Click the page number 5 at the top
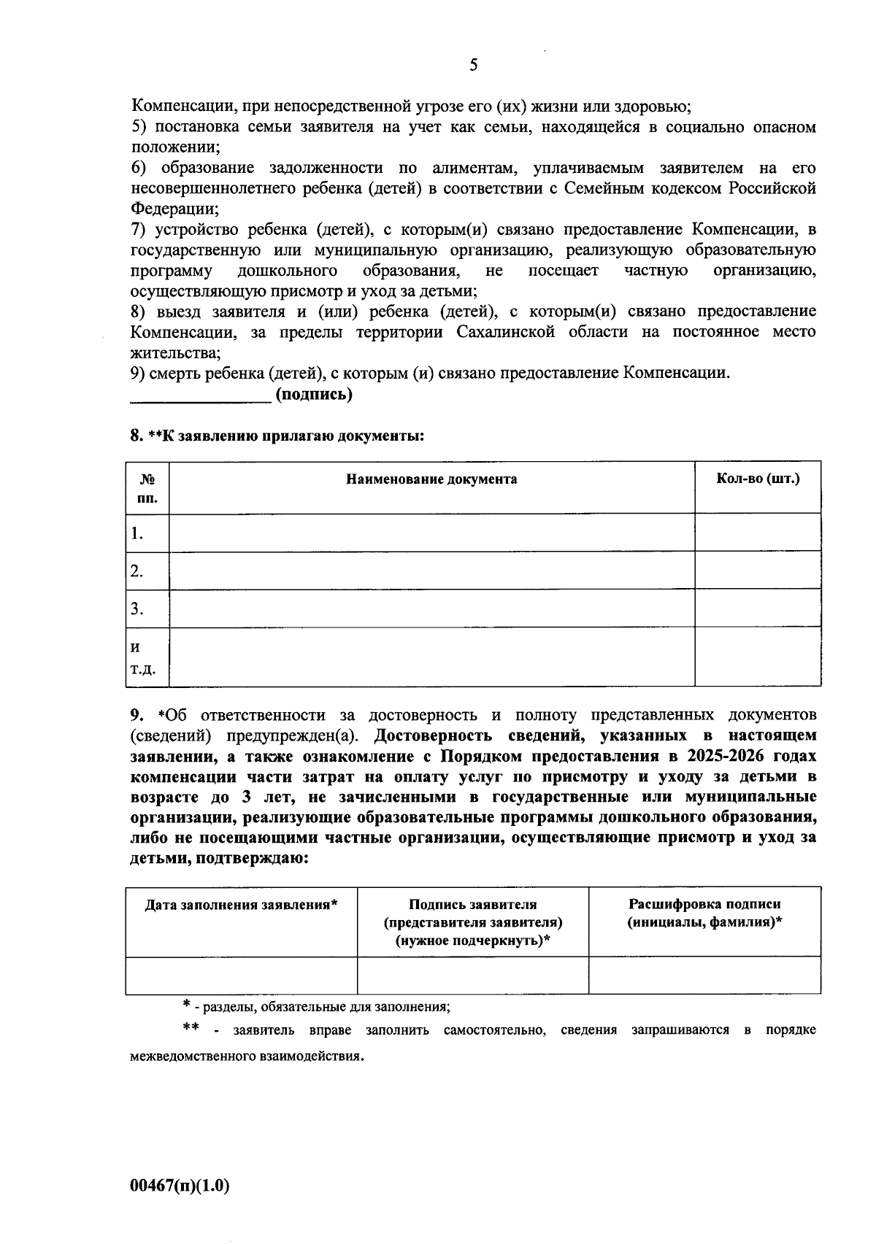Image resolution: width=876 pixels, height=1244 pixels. pyautogui.click(x=473, y=66)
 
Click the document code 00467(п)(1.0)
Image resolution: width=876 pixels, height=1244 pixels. pyautogui.click(x=180, y=1186)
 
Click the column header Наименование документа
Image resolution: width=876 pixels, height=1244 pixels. pyautogui.click(x=431, y=479)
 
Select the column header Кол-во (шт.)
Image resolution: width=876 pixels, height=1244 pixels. pyautogui.click(x=757, y=479)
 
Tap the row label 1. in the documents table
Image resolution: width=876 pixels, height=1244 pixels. pyautogui.click(x=137, y=533)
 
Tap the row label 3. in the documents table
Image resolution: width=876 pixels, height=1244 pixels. pyautogui.click(x=137, y=609)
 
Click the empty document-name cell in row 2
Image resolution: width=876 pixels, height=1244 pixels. pyautogui.click(x=431, y=571)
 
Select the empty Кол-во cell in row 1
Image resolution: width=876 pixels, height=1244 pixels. pyautogui.click(x=757, y=533)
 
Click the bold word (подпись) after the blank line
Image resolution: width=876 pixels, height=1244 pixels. pyautogui.click(x=314, y=395)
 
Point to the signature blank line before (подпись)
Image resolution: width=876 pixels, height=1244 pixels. pyautogui.click(x=200, y=398)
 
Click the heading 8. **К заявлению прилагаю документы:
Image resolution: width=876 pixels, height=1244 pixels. pyautogui.click(x=277, y=436)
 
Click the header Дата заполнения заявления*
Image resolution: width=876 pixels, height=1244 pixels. pyautogui.click(x=241, y=905)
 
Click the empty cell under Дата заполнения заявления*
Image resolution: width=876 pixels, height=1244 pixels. pyautogui.click(x=241, y=976)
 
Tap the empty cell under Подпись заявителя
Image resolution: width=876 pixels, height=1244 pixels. pyautogui.click(x=472, y=976)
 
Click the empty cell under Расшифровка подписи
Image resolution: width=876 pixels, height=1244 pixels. pyautogui.click(x=704, y=976)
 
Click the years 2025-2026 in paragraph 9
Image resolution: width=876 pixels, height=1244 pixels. pyautogui.click(x=715, y=755)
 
